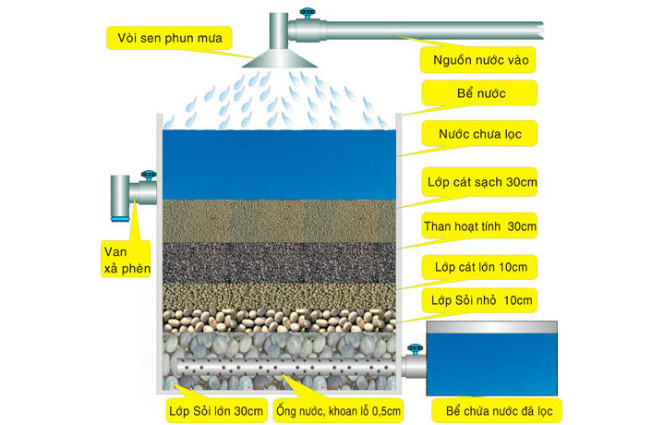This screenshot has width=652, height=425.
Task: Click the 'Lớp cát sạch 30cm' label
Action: [480, 182]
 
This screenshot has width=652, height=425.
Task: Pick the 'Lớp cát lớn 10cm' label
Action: [479, 268]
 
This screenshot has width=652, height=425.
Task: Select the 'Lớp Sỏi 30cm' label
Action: [213, 409]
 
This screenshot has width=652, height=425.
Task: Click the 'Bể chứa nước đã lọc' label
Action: [499, 409]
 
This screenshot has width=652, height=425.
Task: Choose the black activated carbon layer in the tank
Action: [277, 262]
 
